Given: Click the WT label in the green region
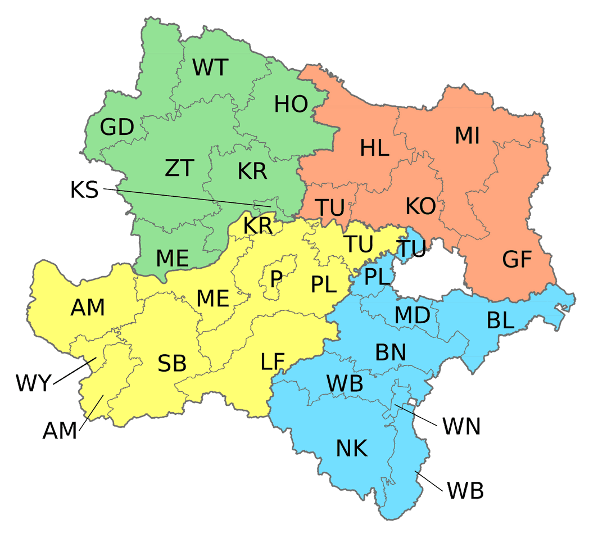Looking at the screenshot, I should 210,67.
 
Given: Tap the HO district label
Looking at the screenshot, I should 291,104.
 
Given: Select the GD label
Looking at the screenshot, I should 117,128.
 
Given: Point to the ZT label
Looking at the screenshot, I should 179,168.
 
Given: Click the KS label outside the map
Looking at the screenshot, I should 84,190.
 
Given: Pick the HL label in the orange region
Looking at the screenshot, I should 375,148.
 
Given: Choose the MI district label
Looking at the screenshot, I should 467,135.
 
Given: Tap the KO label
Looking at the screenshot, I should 420,207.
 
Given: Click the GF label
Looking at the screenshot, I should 517,260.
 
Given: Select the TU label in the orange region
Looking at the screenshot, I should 329,208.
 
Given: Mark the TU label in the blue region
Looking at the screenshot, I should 411,249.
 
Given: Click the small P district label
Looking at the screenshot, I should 276,279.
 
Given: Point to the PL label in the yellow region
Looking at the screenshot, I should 324,285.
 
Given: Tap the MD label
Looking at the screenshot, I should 412,316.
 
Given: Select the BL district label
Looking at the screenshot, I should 500,320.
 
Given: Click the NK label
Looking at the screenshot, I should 352,449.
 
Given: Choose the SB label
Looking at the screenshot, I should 171,364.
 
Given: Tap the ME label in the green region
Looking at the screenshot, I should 172,258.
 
